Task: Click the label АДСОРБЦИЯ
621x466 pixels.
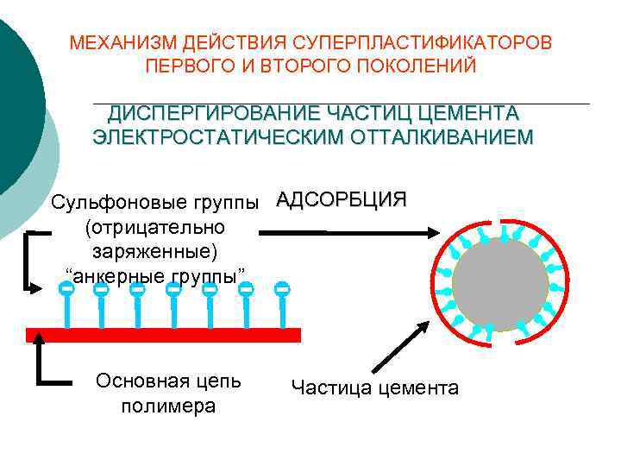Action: click(x=342, y=200)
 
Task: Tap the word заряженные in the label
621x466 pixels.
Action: click(x=152, y=251)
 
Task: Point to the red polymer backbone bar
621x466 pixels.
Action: click(x=164, y=335)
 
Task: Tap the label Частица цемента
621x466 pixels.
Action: click(x=375, y=387)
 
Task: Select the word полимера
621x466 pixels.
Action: click(x=169, y=406)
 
